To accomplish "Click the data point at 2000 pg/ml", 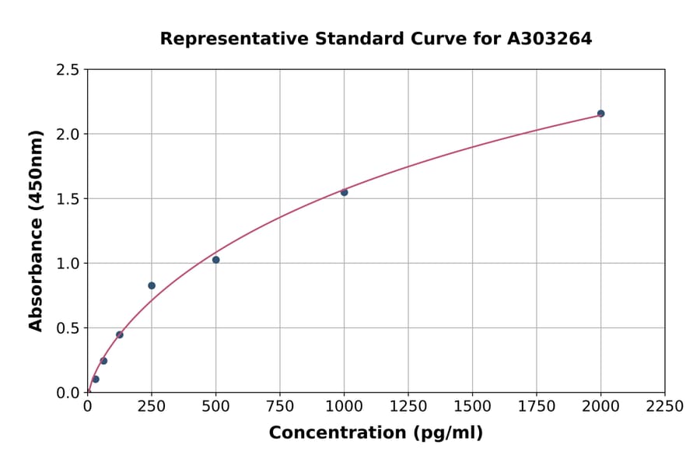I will point(600,114).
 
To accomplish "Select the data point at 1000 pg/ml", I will point(344,192).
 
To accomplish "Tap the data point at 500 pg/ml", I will point(215,260).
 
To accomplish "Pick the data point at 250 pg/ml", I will point(152,285).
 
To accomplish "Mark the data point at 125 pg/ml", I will point(120,334).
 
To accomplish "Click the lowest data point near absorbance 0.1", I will point(96,380).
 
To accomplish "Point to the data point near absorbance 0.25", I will point(103,361).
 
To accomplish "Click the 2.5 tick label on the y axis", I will point(68,70).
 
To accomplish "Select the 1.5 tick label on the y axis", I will point(68,199).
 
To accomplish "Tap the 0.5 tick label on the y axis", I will point(68,328).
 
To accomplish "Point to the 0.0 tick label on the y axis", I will point(68,393).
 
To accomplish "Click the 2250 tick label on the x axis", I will point(664,407).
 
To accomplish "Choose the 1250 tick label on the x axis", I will point(408,407).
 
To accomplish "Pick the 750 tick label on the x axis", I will point(279,407).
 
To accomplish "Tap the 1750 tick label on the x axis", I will point(536,407).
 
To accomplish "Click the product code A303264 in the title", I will point(549,38).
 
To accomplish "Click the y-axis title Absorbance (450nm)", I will point(36,230).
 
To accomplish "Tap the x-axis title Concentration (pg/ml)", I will point(376,433).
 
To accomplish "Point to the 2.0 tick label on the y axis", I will point(68,135).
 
